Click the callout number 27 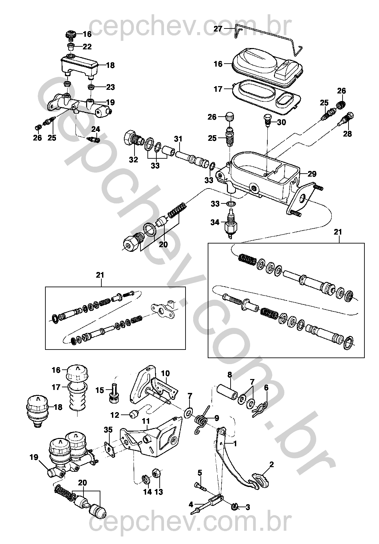[x=218, y=29]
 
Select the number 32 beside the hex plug [x=133, y=159]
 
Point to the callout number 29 [x=312, y=174]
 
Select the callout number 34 [x=215, y=222]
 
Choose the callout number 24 [x=95, y=129]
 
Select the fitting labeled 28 [x=347, y=119]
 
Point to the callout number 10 [x=165, y=373]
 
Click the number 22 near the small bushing [x=87, y=47]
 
